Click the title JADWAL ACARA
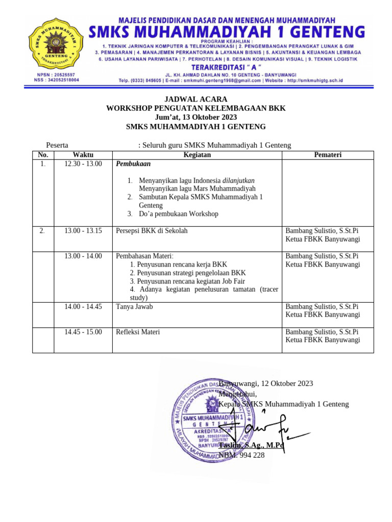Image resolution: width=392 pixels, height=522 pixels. click(x=195, y=99)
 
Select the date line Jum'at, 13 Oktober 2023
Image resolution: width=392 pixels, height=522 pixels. click(x=195, y=117)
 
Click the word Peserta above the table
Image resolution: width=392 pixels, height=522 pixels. click(x=58, y=145)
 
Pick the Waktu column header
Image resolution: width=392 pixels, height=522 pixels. click(x=83, y=155)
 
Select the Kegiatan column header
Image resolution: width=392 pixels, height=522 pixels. click(x=197, y=155)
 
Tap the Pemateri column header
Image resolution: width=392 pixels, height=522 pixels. click(x=328, y=155)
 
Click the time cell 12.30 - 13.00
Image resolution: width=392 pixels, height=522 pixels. click(x=83, y=164)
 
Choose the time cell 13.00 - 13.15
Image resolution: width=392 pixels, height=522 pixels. click(x=83, y=231)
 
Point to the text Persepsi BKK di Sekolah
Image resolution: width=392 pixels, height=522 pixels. click(x=152, y=231)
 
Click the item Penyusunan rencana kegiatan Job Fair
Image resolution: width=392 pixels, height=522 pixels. click(x=187, y=281)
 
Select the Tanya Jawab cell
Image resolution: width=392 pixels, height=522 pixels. click(x=134, y=307)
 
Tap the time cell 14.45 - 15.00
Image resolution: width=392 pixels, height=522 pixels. click(x=83, y=332)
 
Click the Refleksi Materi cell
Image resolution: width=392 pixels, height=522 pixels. click(x=138, y=332)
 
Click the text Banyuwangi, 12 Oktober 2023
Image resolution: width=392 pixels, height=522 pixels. click(x=266, y=383)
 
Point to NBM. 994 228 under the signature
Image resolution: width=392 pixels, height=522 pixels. click(x=242, y=455)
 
